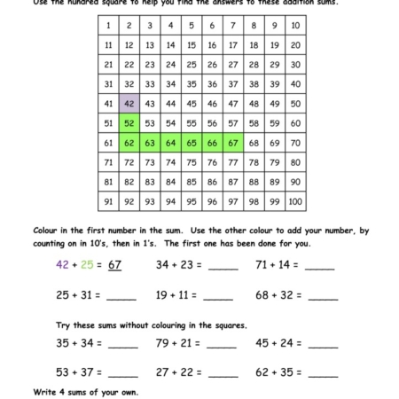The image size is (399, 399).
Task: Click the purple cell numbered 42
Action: pyautogui.click(x=129, y=103)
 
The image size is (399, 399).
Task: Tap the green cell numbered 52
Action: pyautogui.click(x=129, y=123)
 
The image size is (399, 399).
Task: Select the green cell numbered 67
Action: pyautogui.click(x=233, y=143)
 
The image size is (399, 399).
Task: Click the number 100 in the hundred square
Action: pyautogui.click(x=295, y=201)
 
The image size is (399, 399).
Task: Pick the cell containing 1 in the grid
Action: pyautogui.click(x=108, y=25)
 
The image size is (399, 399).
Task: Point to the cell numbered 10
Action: pyautogui.click(x=295, y=25)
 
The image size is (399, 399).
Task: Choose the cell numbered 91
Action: pyautogui.click(x=108, y=201)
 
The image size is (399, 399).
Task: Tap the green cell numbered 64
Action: pyautogui.click(x=171, y=143)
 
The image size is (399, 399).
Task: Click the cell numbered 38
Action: pyautogui.click(x=254, y=83)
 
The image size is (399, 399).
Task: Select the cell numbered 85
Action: pyautogui.click(x=192, y=182)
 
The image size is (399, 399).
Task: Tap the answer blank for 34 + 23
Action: pyautogui.click(x=223, y=266)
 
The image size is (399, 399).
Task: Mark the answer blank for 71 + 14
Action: pyautogui.click(x=320, y=266)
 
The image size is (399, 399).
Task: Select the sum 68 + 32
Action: pyautogui.click(x=276, y=295)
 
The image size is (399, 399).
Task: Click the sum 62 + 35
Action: pyautogui.click(x=276, y=373)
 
